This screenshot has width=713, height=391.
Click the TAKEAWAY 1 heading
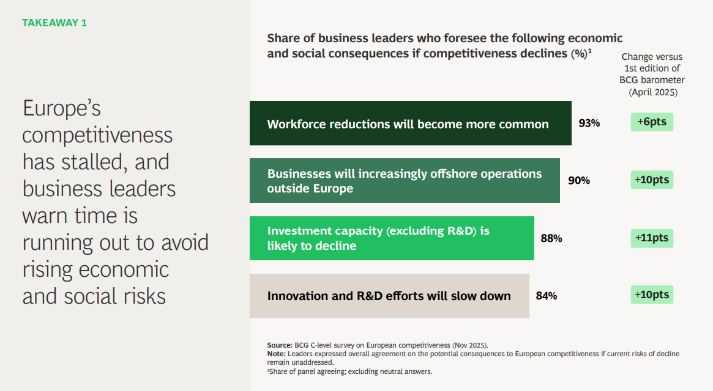pos(54,23)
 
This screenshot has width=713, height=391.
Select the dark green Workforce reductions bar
pos(410,123)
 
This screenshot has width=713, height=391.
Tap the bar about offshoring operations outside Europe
pos(405,180)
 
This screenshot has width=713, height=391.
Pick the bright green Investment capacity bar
pos(392,238)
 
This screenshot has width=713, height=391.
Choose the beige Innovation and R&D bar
pos(389,296)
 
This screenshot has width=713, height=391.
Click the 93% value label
pos(589,123)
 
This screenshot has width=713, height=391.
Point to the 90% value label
pos(579,180)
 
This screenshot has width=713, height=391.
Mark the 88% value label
pos(551,238)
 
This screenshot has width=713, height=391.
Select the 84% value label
pos(546,296)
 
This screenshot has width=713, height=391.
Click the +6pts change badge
pos(652,122)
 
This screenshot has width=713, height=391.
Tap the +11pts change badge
pos(652,238)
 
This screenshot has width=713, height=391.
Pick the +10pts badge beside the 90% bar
pos(652,180)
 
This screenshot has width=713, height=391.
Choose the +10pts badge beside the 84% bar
pos(652,294)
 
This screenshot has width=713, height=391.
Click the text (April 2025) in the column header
pos(653,92)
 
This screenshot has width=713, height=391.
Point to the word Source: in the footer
pos(280,345)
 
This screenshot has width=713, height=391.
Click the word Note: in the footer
pos(277,354)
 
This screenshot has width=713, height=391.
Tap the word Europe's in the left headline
pos(61,109)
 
